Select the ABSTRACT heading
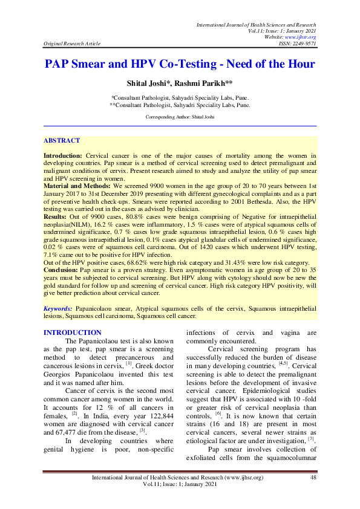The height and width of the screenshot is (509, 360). (x=61, y=140)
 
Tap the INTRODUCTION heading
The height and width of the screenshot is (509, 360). (x=73, y=332)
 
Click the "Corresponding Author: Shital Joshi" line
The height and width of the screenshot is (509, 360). (x=180, y=116)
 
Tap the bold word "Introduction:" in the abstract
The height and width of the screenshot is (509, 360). (x=62, y=156)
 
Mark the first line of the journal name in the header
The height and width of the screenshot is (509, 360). (x=254, y=24)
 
